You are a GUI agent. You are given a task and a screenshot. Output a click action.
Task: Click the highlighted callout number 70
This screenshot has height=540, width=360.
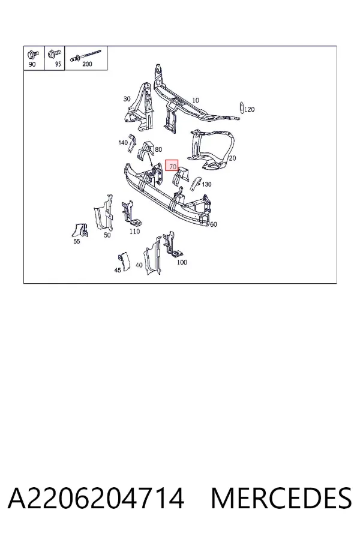(173, 167)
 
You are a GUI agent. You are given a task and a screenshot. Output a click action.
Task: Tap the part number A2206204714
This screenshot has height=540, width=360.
(96, 498)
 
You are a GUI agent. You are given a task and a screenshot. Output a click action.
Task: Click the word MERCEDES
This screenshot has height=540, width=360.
(281, 498)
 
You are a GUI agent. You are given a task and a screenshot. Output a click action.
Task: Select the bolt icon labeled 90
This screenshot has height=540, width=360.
(34, 54)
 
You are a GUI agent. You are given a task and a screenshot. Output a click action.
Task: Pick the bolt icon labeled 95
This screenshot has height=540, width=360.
(55, 53)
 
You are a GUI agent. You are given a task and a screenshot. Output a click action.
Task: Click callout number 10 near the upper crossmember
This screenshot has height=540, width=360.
(196, 100)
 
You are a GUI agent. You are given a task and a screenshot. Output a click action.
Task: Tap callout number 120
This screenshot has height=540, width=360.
(250, 110)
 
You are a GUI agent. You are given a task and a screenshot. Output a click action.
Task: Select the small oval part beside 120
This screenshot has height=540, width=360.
(241, 107)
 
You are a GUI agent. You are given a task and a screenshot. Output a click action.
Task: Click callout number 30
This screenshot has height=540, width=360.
(127, 99)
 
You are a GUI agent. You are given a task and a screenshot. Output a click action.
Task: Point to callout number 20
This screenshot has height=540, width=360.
(232, 158)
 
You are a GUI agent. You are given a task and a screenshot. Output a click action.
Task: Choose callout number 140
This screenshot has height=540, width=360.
(123, 143)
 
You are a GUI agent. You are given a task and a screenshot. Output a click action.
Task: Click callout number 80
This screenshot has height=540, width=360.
(158, 149)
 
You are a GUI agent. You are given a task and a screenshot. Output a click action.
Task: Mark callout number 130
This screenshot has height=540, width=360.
(206, 184)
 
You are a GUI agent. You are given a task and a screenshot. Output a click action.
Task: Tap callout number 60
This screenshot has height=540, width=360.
(214, 224)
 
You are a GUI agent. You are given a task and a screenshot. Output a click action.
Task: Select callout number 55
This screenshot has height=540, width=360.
(76, 241)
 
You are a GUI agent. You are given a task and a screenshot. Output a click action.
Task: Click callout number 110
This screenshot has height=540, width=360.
(134, 232)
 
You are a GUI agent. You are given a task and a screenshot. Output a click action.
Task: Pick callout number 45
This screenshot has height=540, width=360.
(118, 271)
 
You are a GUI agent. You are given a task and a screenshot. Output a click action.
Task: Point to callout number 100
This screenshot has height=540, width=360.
(182, 262)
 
